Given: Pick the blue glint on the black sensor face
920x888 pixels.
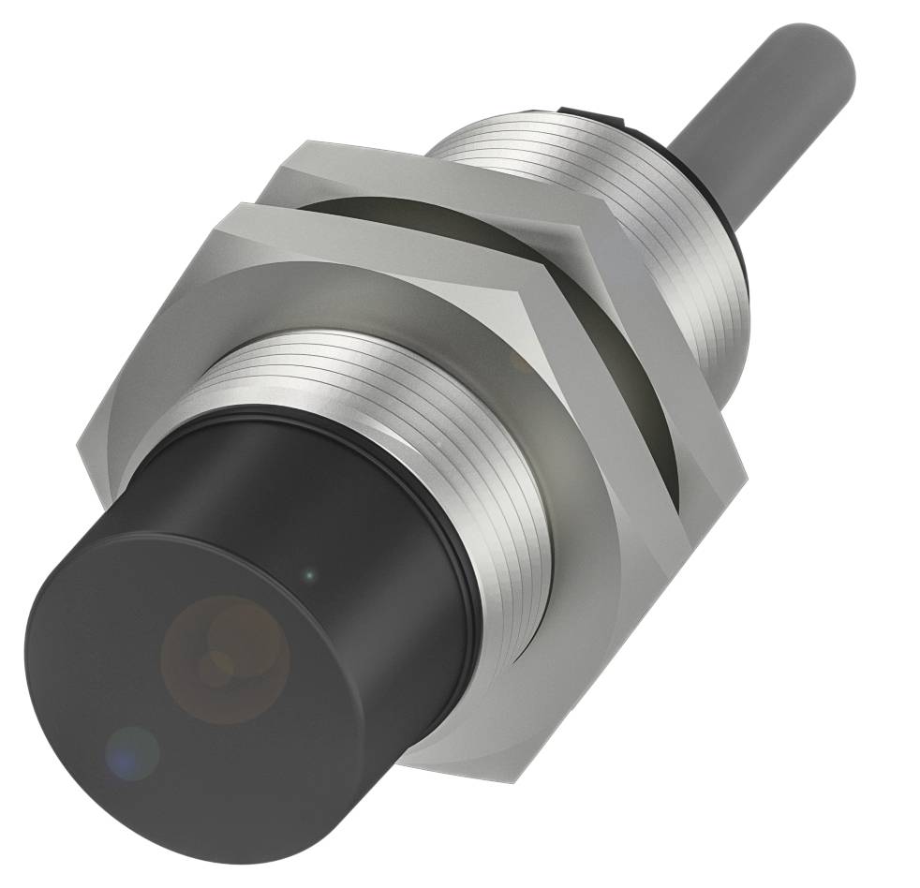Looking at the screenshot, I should [131, 749].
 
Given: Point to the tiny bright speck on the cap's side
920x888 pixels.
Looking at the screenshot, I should [312, 572].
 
